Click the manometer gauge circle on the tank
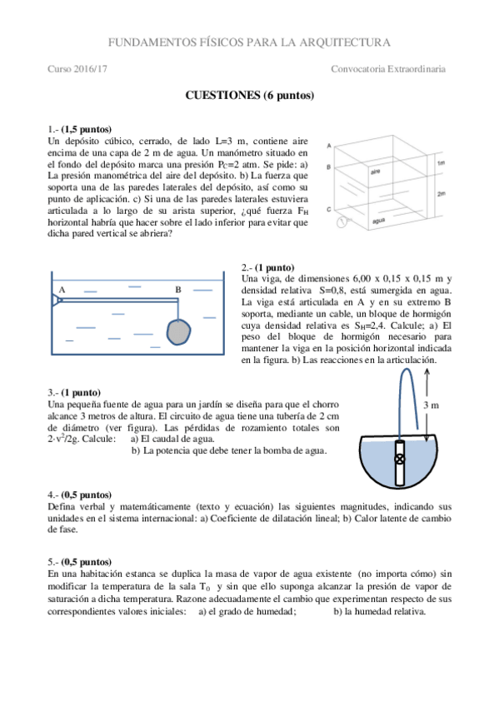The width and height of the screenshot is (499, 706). (342, 222)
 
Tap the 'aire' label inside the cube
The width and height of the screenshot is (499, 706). (375, 172)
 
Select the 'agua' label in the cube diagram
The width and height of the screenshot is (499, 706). (379, 221)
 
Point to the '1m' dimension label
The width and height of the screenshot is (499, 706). (441, 162)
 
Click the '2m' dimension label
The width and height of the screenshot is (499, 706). (441, 194)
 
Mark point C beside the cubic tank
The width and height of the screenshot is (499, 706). (329, 209)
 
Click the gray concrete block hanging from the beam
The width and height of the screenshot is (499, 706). (179, 332)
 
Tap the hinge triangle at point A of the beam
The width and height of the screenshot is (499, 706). (57, 300)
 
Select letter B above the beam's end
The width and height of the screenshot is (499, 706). (178, 290)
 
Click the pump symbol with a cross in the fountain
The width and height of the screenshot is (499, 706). (400, 460)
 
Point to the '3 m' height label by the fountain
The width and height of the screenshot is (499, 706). (431, 405)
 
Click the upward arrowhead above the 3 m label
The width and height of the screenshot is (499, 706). (427, 371)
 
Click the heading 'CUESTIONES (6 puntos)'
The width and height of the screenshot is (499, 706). (250, 96)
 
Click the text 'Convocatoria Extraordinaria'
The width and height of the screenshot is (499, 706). (388, 69)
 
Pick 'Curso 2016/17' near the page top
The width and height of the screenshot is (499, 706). (77, 69)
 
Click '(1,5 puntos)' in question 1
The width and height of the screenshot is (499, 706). (87, 130)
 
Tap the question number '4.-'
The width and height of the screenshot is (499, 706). (53, 495)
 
